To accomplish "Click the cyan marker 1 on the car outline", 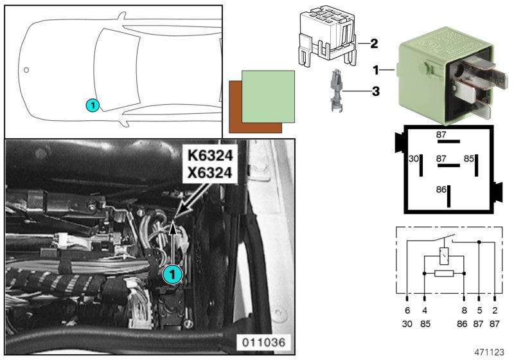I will click(93, 104).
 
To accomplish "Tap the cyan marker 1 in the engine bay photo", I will click(172, 274).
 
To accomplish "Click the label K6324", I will click(209, 155).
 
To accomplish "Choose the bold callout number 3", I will click(375, 92).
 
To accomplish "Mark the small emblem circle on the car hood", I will click(26, 69).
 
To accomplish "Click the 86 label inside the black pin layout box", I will click(440, 191).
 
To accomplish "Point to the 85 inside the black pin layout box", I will click(469, 157).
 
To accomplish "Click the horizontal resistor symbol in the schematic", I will click(443, 273).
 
